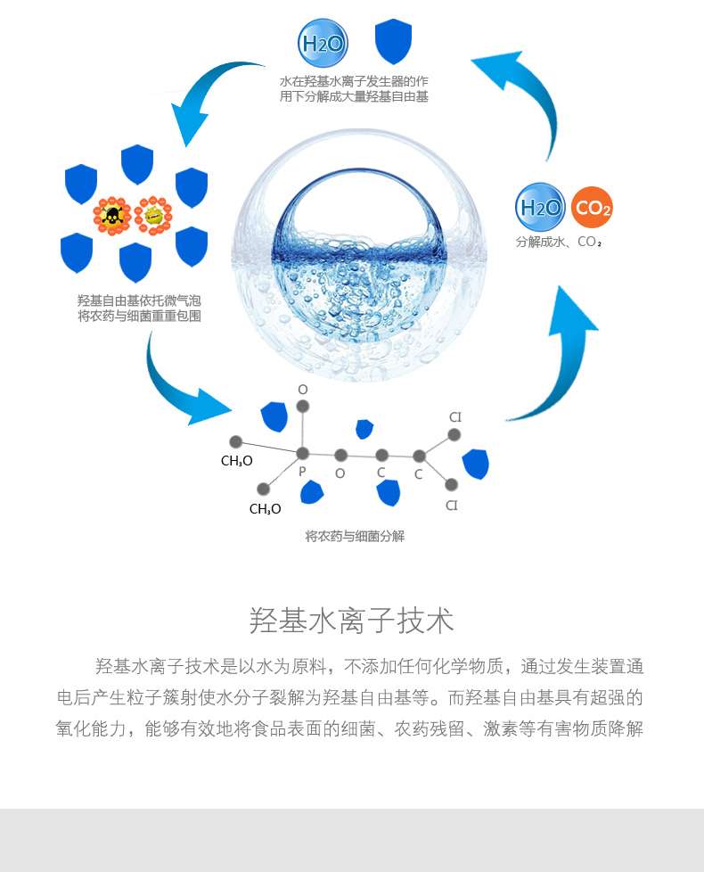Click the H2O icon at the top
click(x=322, y=43)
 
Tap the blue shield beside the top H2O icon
click(x=393, y=41)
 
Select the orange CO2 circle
click(x=592, y=208)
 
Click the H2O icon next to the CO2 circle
click(x=540, y=208)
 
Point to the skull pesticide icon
click(x=112, y=215)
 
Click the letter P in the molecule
click(x=302, y=472)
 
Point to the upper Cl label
click(x=455, y=417)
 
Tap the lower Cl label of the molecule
click(x=452, y=506)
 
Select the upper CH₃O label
click(x=237, y=461)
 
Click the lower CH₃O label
click(x=265, y=509)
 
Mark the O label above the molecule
click(x=303, y=390)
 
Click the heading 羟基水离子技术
click(x=351, y=621)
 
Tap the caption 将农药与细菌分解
click(x=355, y=536)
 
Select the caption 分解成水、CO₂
click(x=559, y=242)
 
